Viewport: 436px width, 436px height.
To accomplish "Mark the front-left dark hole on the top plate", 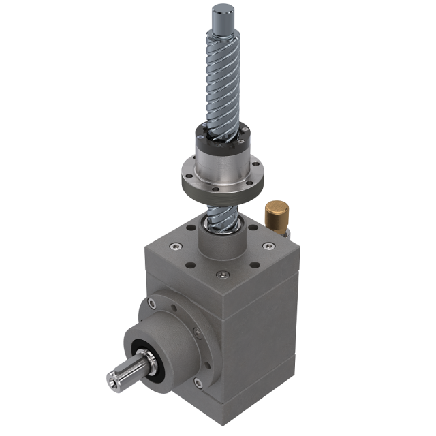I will point(190,266).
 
